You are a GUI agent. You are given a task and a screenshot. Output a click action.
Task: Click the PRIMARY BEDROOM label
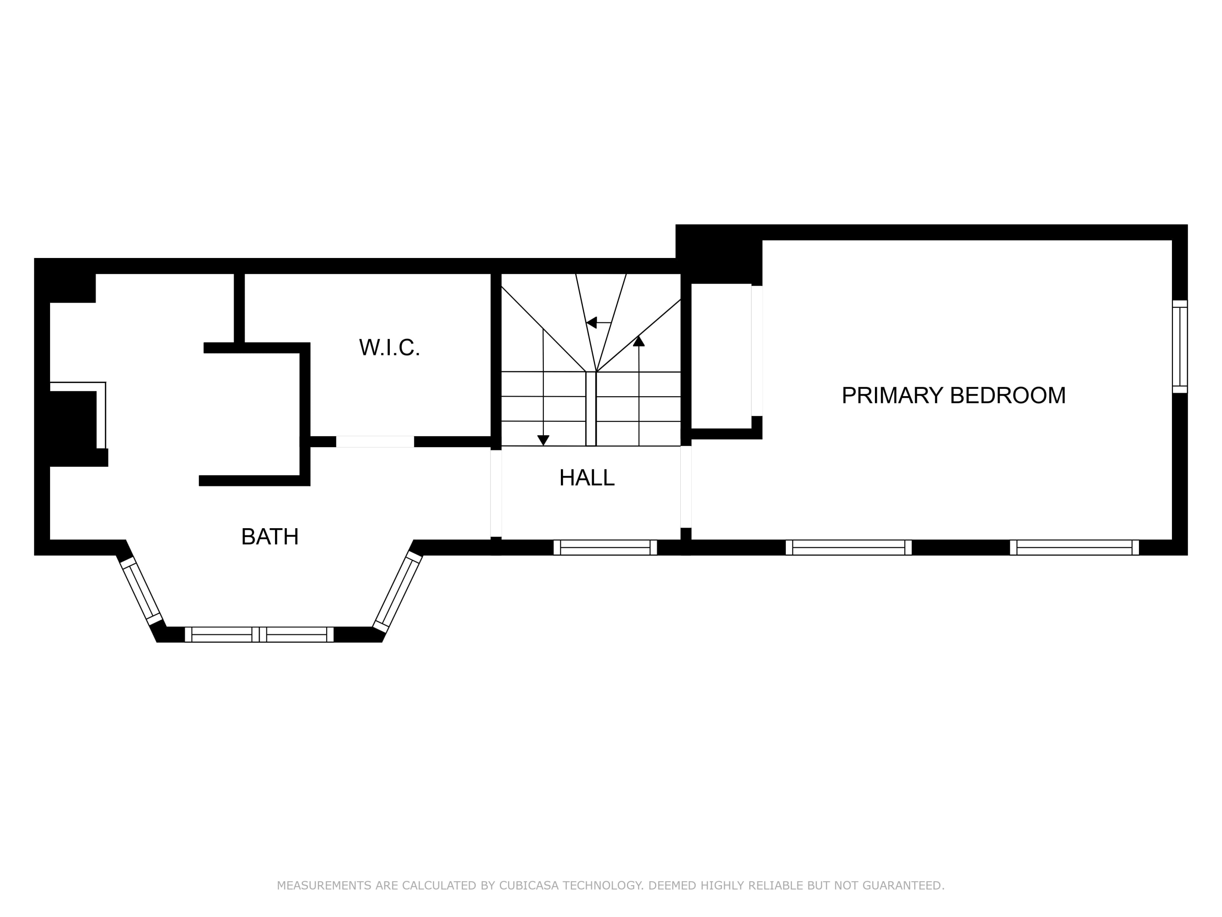(954, 395)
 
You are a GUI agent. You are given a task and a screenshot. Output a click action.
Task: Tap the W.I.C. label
(389, 348)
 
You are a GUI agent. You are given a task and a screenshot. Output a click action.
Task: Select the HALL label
(587, 478)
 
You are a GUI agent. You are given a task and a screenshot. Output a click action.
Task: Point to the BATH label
(270, 537)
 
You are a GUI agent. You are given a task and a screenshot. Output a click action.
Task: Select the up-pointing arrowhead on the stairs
(639, 341)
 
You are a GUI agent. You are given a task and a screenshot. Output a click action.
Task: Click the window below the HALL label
(605, 547)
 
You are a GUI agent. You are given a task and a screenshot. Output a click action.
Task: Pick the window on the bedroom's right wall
(1180, 346)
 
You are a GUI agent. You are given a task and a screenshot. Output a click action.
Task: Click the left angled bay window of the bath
(141, 591)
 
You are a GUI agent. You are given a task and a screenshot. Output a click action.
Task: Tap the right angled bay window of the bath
(398, 591)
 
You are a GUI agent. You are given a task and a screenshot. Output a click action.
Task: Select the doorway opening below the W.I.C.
(375, 442)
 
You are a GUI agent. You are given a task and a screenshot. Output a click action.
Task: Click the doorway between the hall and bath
(496, 493)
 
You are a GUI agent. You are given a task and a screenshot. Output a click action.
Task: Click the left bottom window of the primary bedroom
(848, 547)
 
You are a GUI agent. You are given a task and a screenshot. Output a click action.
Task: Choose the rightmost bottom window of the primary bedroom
(1075, 547)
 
